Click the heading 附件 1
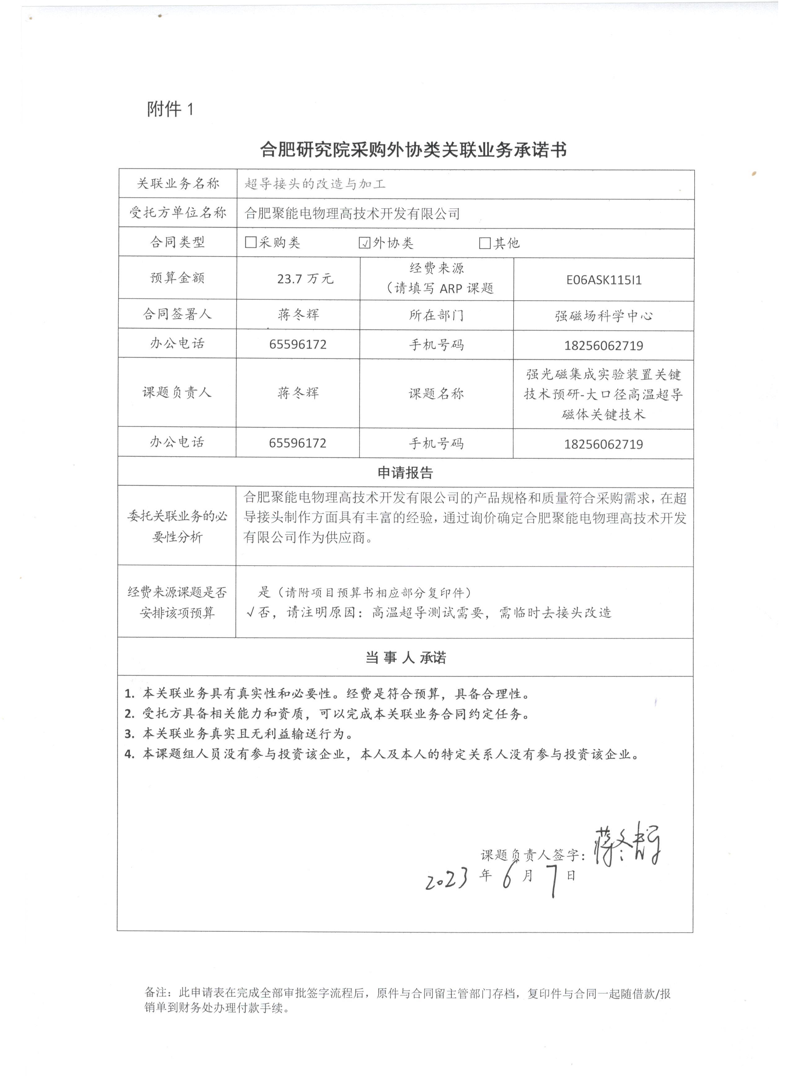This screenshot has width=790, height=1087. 170,110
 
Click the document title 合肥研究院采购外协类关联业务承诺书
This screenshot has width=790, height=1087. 413,150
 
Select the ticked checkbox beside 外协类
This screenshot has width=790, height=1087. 365,243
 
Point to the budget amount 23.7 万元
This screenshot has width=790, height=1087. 305,278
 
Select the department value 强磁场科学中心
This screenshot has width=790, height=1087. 603,316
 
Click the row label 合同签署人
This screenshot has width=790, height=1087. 177,314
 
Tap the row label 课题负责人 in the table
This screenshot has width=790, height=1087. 177,392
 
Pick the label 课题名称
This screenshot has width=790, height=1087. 436,394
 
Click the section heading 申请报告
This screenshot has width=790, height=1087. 405,473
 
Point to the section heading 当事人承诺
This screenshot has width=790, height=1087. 405,658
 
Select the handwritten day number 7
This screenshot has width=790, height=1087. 554,881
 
